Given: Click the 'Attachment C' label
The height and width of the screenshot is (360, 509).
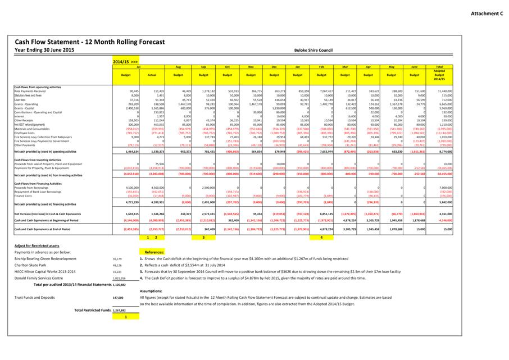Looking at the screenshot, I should [x=487, y=13].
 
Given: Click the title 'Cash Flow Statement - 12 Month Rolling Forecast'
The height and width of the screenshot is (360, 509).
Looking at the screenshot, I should [x=90, y=42].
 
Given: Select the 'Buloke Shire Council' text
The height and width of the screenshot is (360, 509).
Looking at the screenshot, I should [x=313, y=50].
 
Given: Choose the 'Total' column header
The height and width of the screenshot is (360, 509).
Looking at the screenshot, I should [x=439, y=66].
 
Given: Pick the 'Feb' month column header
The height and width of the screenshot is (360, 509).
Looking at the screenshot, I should [x=322, y=66].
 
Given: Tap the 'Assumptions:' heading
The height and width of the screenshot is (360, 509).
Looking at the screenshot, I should [x=151, y=291].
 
